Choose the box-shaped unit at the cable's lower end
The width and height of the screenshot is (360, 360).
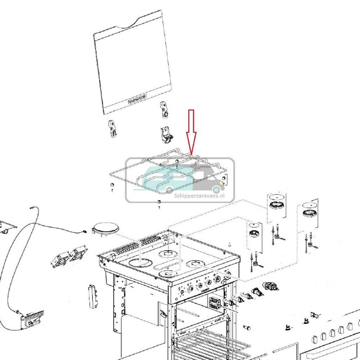[31, 318]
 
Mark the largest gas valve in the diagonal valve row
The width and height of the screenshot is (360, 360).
[270, 286]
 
